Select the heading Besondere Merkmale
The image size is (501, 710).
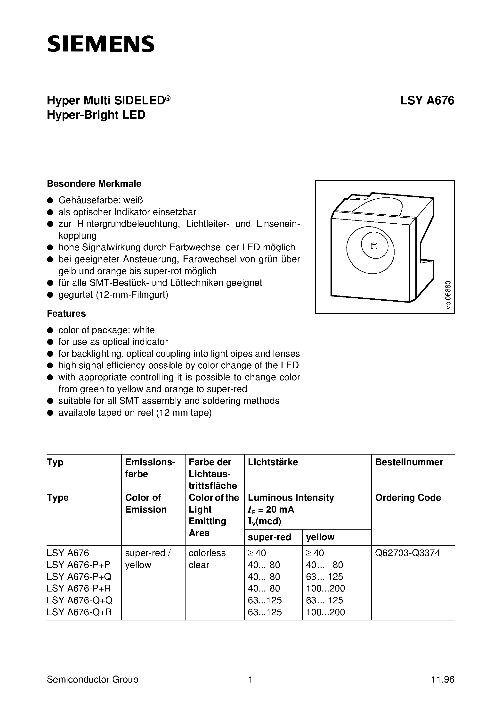click(94, 184)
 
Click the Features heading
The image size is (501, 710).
click(66, 313)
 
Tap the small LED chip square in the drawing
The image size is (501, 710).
click(374, 246)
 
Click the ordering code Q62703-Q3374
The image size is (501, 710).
click(407, 553)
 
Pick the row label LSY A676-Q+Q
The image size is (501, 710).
click(79, 600)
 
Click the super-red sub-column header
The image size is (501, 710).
click(269, 537)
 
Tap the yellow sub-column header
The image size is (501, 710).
click(320, 537)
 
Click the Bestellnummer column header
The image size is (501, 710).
click(409, 462)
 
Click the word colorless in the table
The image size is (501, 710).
click(207, 553)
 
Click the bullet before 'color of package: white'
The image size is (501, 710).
click(50, 330)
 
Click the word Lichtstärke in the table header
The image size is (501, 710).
click(273, 462)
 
